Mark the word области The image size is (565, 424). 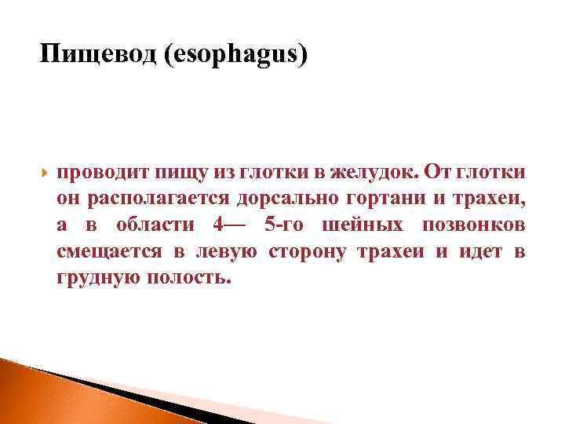[155, 225]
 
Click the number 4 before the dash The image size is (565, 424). [217, 225]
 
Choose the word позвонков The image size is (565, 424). [474, 225]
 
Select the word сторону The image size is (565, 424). [308, 251]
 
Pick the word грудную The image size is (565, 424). [98, 278]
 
